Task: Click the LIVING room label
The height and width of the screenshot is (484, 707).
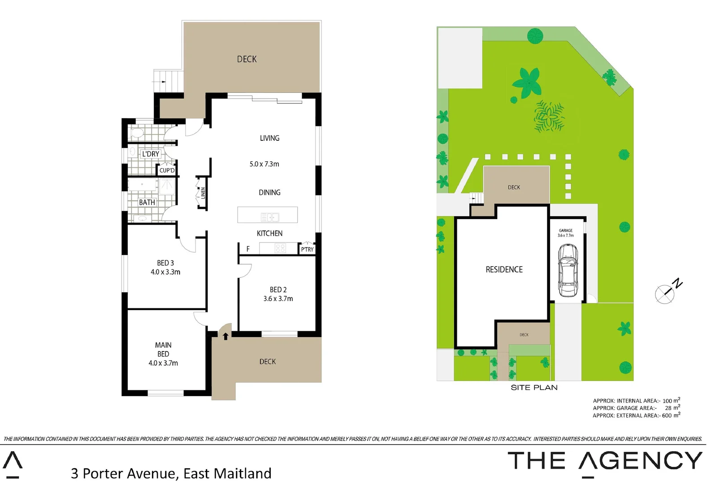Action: pyautogui.click(x=269, y=138)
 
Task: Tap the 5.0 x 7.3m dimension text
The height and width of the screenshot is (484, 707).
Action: pyautogui.click(x=264, y=164)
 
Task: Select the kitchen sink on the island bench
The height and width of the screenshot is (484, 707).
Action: pyautogui.click(x=270, y=217)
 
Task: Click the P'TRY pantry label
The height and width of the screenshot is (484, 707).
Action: pyautogui.click(x=307, y=249)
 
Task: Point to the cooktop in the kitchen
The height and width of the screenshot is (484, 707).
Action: pyautogui.click(x=280, y=248)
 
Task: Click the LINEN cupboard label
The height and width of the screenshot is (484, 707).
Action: pyautogui.click(x=203, y=193)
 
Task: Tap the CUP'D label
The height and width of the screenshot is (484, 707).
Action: pyautogui.click(x=167, y=170)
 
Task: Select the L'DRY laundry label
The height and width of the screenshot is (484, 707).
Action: pyautogui.click(x=150, y=154)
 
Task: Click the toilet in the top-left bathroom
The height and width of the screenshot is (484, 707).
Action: pyautogui.click(x=136, y=133)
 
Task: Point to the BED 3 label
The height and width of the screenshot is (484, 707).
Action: pyautogui.click(x=165, y=263)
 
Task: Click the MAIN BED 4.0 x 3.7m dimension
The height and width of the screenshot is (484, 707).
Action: pyautogui.click(x=163, y=363)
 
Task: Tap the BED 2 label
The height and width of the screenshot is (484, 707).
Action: pyautogui.click(x=278, y=290)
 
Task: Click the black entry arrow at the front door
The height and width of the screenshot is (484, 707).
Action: pyautogui.click(x=226, y=336)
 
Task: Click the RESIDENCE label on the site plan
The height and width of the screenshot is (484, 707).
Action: pyautogui.click(x=504, y=269)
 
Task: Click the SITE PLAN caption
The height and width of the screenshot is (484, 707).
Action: pyautogui.click(x=534, y=388)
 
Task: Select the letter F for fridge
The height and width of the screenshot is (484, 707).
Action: pyautogui.click(x=248, y=249)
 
